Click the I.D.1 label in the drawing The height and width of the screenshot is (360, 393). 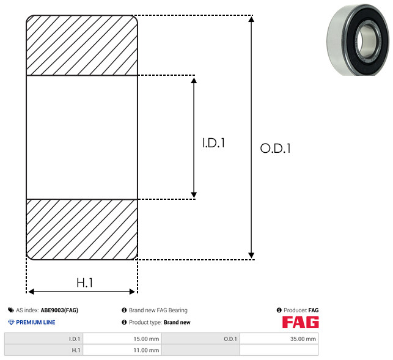tap(213, 143)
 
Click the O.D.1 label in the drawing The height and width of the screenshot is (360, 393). tap(275, 148)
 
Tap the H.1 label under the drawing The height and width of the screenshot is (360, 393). tap(85, 283)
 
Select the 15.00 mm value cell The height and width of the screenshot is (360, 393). tap(122, 339)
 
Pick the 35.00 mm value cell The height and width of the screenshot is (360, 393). tap(279, 339)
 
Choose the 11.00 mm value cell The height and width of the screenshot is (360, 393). tap(122, 350)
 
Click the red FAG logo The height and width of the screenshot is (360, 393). tap(301, 322)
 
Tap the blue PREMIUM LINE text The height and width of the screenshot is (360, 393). tap(35, 322)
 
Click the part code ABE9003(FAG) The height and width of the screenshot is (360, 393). tap(59, 310)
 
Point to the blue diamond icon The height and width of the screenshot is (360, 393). tap(11, 322)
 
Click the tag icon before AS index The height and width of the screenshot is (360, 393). tap(11, 310)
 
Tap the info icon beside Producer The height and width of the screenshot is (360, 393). tap(279, 310)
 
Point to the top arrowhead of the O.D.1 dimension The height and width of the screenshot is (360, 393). tap(251, 19)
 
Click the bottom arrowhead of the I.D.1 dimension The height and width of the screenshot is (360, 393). tap(194, 195)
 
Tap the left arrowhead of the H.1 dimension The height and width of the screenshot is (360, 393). tap(31, 292)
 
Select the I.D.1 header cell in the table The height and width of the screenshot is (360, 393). tap(43, 339)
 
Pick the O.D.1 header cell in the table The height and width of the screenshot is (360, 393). tap(200, 339)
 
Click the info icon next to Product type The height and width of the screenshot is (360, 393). tap(124, 322)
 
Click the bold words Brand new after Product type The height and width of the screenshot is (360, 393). tap(177, 322)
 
